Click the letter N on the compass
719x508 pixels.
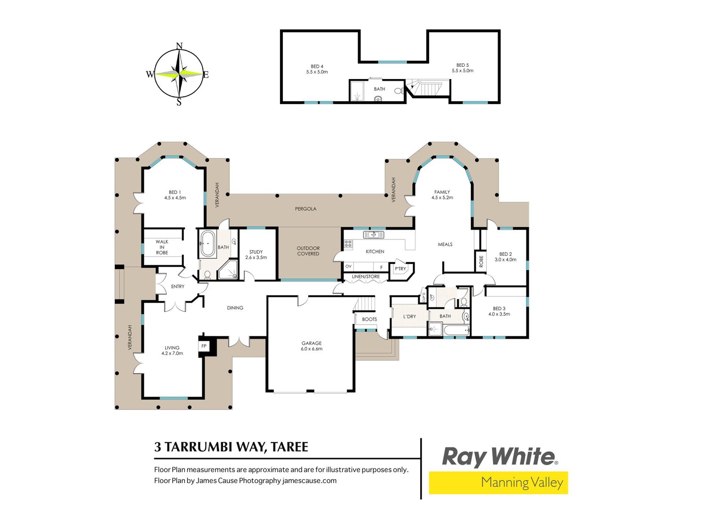point(179,46)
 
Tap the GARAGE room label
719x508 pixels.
point(312,343)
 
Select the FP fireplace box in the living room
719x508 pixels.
point(204,346)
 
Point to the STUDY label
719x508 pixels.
point(256,252)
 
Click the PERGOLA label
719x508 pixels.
point(305,209)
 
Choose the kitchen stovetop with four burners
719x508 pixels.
point(348,244)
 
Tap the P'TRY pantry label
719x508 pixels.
point(400,269)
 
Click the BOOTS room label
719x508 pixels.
point(369,319)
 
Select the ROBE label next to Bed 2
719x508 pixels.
point(481,261)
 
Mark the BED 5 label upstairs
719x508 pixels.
point(463,65)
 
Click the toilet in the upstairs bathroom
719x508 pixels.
point(399,91)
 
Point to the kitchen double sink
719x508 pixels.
point(373,235)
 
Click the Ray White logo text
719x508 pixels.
point(499,457)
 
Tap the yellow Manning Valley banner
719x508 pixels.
point(498,482)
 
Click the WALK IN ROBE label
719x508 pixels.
point(162,247)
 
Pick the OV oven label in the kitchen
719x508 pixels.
point(348,266)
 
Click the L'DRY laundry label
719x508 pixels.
point(409,317)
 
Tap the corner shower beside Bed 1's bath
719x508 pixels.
point(228,270)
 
